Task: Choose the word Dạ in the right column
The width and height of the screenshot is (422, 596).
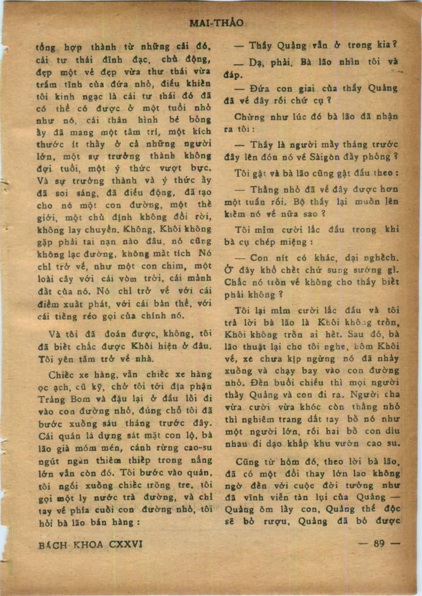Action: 256,63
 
